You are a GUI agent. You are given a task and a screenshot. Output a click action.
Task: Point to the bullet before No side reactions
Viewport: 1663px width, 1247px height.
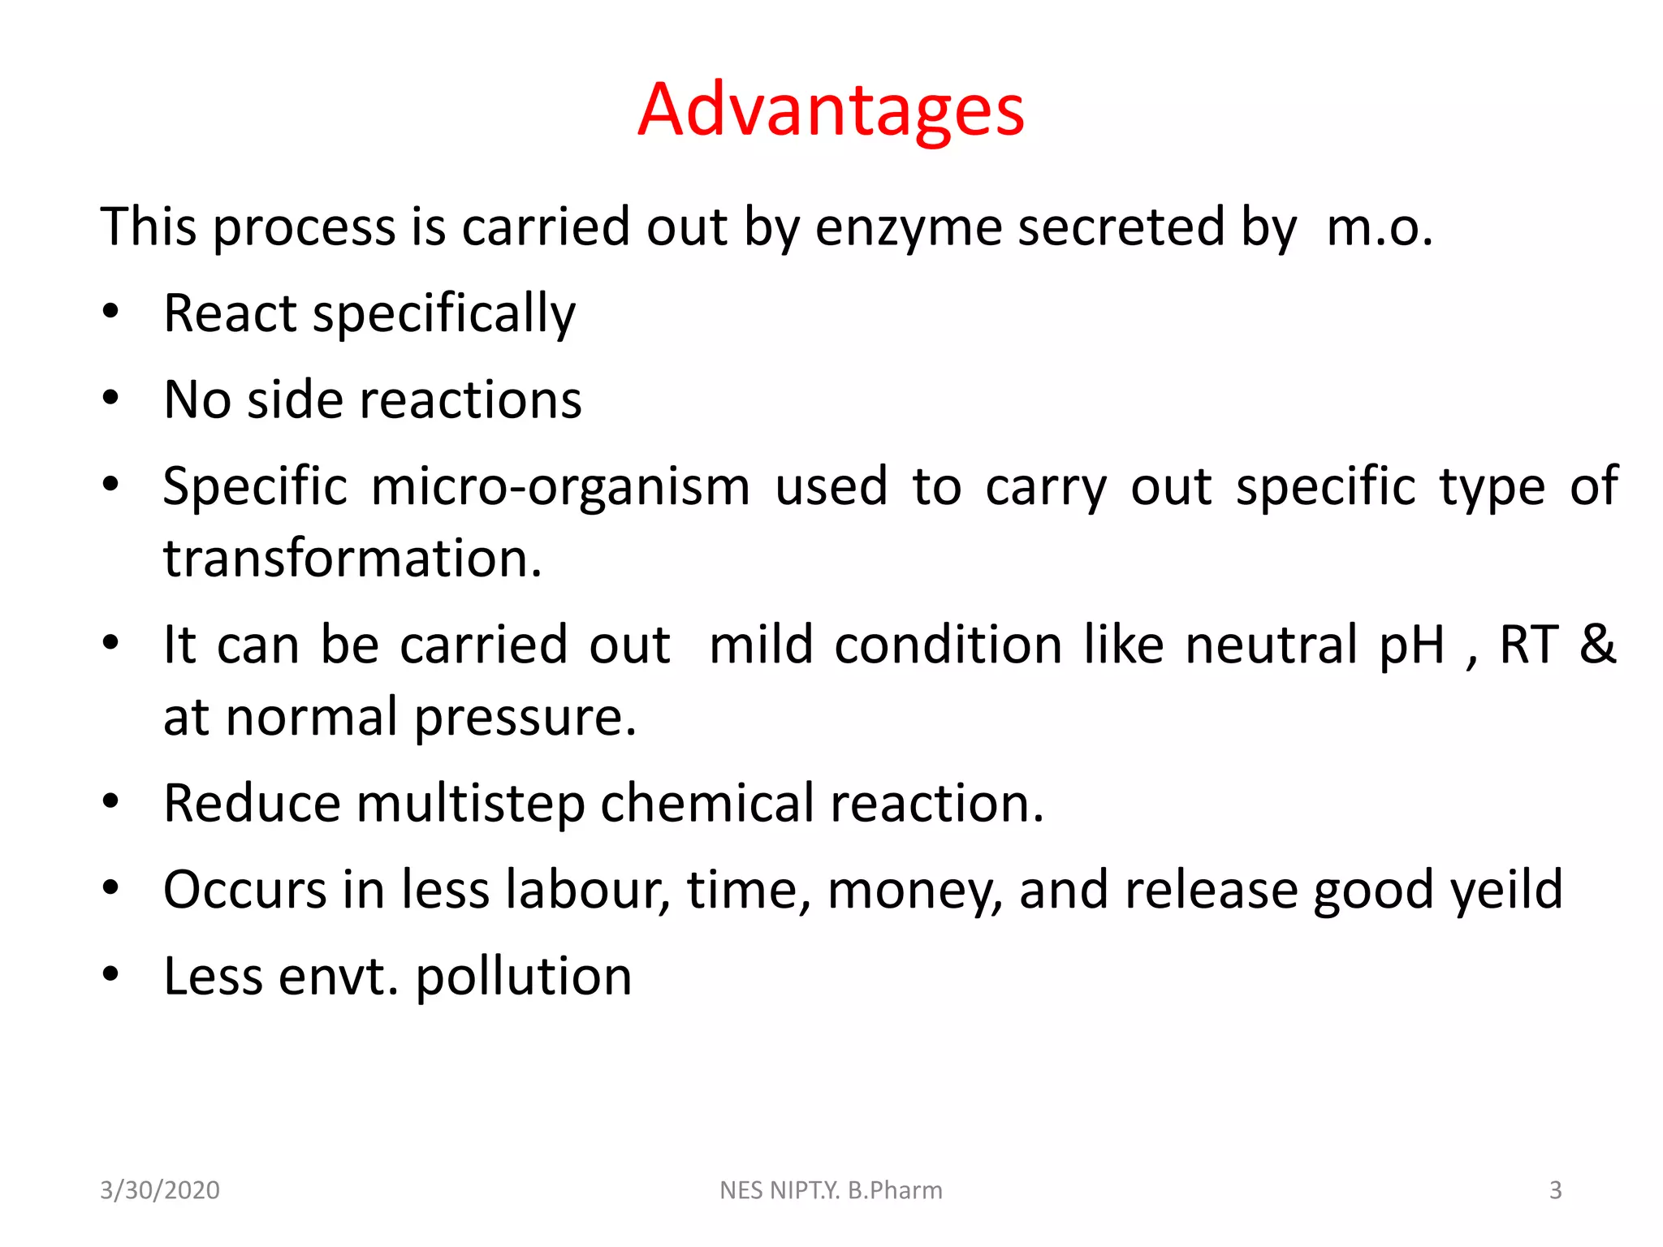point(111,398)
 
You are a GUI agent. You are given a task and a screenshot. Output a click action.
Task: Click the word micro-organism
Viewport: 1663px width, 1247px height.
point(560,486)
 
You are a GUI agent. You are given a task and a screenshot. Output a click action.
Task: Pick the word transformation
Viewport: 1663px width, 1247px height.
point(352,559)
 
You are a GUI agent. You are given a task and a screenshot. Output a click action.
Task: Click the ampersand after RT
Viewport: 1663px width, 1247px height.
point(1597,644)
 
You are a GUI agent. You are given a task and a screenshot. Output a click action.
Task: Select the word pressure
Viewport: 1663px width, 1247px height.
point(525,718)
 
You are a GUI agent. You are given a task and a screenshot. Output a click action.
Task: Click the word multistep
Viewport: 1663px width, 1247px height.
point(470,804)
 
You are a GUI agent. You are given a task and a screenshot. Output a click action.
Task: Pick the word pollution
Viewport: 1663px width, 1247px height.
point(524,976)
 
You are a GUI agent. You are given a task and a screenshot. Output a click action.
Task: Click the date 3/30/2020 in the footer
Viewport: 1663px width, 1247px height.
point(160,1190)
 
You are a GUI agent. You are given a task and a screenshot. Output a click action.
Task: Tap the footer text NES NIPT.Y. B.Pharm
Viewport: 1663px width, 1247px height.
point(831,1190)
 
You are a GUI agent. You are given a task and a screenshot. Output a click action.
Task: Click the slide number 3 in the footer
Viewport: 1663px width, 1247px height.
point(1555,1190)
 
